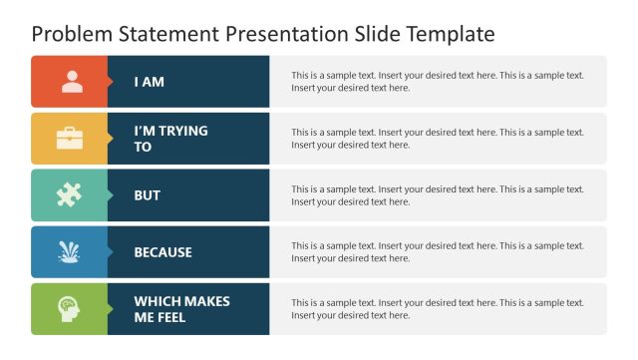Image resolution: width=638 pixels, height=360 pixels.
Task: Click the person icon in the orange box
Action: (x=72, y=82)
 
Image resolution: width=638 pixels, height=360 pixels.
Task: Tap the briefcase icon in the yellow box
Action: (x=70, y=139)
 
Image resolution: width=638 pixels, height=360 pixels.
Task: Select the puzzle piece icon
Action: (x=69, y=195)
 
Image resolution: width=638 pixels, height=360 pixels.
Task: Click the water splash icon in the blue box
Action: (x=69, y=251)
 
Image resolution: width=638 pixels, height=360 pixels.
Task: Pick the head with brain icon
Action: (x=69, y=308)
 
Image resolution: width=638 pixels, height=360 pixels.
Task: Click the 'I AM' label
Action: (x=150, y=82)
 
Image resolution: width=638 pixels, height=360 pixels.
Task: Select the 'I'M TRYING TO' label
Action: (x=170, y=139)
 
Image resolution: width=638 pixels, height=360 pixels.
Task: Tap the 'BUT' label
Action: (x=148, y=195)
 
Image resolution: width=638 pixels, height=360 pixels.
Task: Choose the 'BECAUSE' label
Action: (x=163, y=252)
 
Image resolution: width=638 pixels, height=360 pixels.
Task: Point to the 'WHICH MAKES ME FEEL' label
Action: (x=181, y=309)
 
